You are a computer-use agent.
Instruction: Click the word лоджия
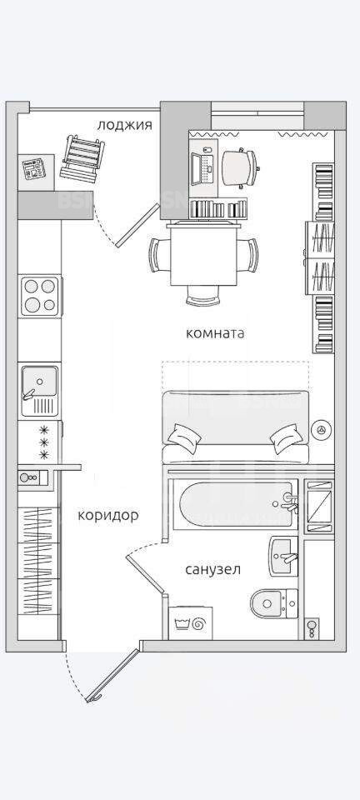[124, 124]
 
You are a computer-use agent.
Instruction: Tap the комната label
[215, 333]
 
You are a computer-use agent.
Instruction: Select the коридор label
[108, 516]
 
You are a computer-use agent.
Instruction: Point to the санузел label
[212, 569]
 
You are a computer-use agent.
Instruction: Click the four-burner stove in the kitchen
[40, 295]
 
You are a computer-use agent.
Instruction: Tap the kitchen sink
[39, 390]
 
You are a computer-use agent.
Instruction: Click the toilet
[275, 603]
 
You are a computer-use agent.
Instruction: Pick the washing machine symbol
[190, 623]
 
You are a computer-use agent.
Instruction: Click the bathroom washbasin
[283, 557]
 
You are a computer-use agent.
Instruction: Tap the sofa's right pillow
[286, 438]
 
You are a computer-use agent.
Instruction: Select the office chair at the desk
[241, 167]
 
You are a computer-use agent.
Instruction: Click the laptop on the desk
[203, 167]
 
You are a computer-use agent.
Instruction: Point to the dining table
[204, 255]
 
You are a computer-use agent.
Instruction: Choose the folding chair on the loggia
[82, 157]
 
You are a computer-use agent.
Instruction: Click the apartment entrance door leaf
[112, 675]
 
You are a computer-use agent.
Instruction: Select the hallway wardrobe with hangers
[39, 561]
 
